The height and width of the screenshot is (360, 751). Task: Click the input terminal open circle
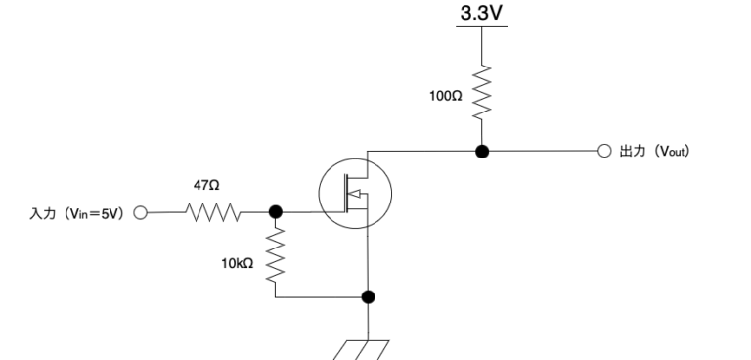[140, 211]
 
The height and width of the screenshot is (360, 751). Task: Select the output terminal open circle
[603, 153]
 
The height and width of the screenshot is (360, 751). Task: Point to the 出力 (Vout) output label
[655, 153]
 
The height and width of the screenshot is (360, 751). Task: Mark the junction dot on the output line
[482, 152]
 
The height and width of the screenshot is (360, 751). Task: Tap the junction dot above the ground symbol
[368, 296]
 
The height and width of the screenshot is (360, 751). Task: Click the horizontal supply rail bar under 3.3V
[482, 26]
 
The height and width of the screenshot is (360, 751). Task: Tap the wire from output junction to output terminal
[543, 153]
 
